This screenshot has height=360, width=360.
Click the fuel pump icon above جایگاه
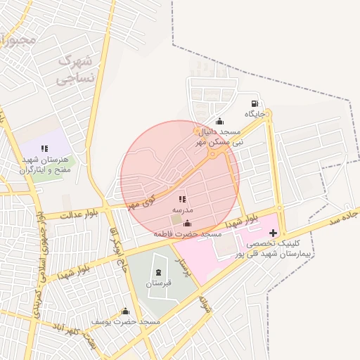coord(254,103)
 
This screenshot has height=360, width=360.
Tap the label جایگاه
coord(255,114)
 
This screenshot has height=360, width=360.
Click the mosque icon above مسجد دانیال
coord(219,121)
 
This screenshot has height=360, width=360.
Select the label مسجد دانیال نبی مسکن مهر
coord(219,136)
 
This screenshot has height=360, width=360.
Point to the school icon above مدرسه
coord(183,200)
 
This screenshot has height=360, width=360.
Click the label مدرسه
coord(183,211)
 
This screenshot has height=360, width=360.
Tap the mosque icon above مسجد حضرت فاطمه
coord(187,224)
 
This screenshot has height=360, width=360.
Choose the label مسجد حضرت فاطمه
coord(188,233)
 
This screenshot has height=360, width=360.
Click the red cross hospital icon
coord(274,232)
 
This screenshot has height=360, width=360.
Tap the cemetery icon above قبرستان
coord(157,272)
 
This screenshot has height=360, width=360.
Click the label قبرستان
coord(158,283)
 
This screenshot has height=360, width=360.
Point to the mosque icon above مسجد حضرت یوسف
coord(126,311)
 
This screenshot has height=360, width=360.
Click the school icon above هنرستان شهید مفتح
coord(44,148)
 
